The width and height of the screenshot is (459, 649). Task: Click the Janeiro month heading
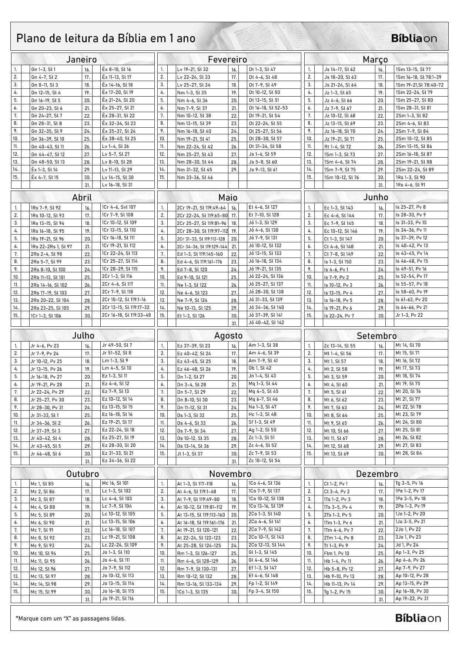[x=81, y=59]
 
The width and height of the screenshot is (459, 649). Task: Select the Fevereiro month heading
[x=227, y=59]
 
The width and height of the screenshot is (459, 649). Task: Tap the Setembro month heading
[x=376, y=336]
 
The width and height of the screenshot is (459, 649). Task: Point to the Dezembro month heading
[x=377, y=474]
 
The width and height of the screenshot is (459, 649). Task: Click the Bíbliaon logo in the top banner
[x=414, y=38]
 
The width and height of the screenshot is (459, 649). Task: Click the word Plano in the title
[x=31, y=38]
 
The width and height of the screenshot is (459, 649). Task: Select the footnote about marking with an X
[x=71, y=618]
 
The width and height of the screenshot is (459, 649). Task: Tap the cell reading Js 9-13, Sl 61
[x=263, y=169]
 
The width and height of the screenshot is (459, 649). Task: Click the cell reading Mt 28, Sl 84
[x=408, y=453]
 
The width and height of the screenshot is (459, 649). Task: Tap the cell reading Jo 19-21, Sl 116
[x=118, y=598]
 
